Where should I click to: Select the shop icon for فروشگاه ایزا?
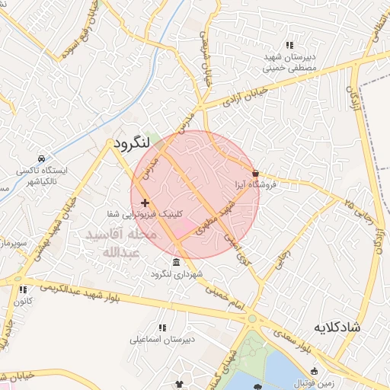tap(255, 173)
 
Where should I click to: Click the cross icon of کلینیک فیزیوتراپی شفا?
tap(145, 203)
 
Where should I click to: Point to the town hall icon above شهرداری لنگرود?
tap(177, 262)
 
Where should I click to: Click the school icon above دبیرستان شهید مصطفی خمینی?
tap(289, 44)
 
